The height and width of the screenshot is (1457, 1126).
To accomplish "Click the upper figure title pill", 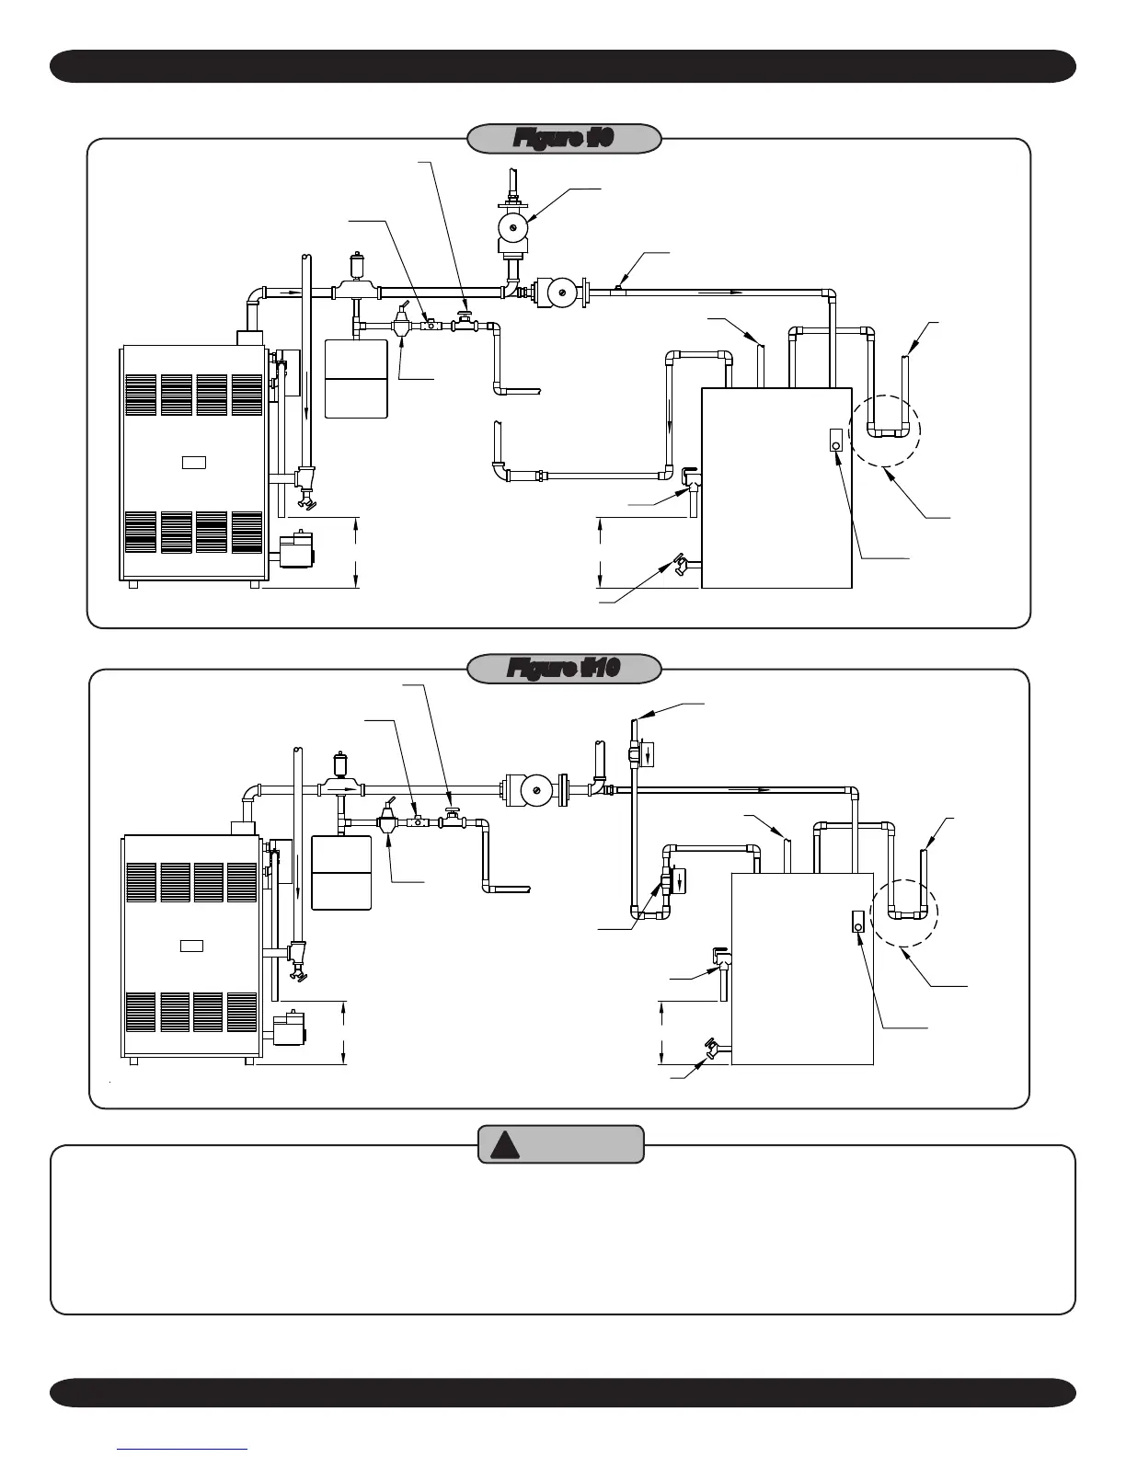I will click(564, 138).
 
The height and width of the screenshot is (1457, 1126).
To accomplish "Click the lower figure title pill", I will click(564, 669).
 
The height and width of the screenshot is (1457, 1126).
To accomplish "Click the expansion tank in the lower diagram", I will click(341, 872).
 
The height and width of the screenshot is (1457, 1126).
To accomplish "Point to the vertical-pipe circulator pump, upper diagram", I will click(511, 227).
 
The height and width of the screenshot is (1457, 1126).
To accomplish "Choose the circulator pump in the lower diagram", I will click(530, 790).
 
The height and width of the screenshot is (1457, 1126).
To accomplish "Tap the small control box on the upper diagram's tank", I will click(834, 441).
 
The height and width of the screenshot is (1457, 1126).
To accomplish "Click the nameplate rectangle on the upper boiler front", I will click(193, 461).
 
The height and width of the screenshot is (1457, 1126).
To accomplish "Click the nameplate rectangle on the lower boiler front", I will click(191, 945).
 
